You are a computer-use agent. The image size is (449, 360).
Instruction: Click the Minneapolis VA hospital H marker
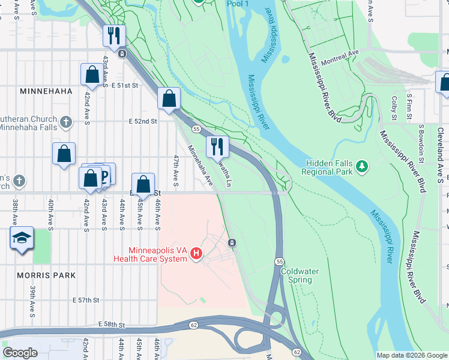coord(196,254)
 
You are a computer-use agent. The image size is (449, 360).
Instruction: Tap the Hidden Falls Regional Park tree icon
coord(361,164)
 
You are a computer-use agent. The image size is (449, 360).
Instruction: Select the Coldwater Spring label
coord(300,275)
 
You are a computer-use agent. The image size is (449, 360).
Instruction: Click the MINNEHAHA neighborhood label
coord(46,91)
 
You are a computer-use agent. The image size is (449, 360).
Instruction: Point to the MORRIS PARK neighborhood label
coord(47,275)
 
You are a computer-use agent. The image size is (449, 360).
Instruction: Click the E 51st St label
coord(125,86)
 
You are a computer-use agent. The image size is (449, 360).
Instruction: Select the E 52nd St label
coord(143,121)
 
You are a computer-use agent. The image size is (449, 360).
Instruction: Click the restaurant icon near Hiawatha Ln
coord(217,146)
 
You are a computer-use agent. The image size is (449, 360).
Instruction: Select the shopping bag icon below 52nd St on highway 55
coord(169,98)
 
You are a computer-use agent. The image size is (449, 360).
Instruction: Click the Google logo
coord(20,353)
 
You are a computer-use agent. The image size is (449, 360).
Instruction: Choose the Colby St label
coord(394,107)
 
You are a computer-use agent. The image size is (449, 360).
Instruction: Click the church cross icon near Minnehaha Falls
coord(66,123)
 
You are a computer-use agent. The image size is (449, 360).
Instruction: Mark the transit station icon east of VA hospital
coord(231,242)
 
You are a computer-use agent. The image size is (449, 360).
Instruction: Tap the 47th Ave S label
coord(176,170)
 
